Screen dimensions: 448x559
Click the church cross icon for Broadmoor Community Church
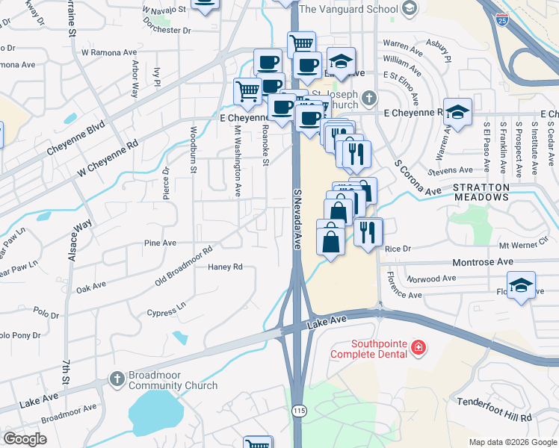click(x=117, y=379)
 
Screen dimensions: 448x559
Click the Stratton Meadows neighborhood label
click(x=480, y=191)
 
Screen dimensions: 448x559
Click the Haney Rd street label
click(x=226, y=267)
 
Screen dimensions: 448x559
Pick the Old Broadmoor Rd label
click(x=184, y=265)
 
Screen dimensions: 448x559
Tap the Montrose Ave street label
click(x=483, y=262)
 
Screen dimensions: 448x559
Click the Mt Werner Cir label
click(x=523, y=245)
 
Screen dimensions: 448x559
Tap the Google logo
click(x=25, y=439)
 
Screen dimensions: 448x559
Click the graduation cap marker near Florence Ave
click(x=521, y=284)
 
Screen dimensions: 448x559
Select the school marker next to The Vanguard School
click(x=409, y=9)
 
